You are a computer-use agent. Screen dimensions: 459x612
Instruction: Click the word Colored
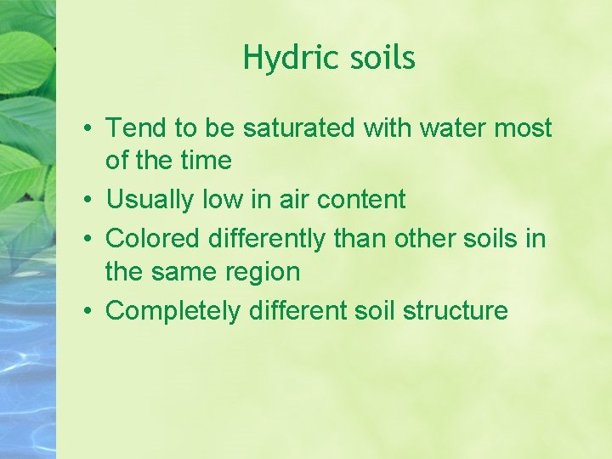[x=156, y=239]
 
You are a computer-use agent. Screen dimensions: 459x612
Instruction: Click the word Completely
[x=173, y=310]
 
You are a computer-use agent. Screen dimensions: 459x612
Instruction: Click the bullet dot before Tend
[x=88, y=130]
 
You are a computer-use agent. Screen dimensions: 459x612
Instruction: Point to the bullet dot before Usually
[x=88, y=201]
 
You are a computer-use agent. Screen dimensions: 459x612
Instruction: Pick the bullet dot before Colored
[x=88, y=241]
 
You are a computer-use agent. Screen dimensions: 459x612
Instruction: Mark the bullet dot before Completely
[x=88, y=312]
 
